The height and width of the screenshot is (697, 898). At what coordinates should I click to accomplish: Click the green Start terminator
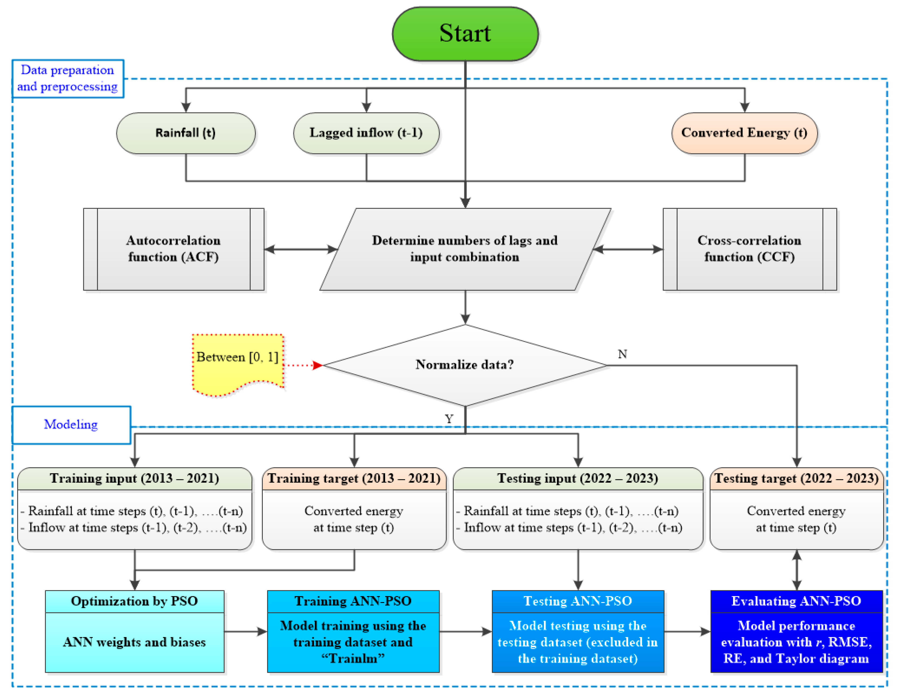pyautogui.click(x=465, y=34)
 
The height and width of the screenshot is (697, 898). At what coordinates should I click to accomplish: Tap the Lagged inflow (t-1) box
pyautogui.click(x=366, y=133)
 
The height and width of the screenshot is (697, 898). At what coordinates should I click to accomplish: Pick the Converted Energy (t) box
pyautogui.click(x=744, y=133)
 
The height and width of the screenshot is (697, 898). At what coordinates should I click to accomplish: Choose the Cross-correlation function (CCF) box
pyautogui.click(x=749, y=249)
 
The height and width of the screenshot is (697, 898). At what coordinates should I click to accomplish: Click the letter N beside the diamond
pyautogui.click(x=622, y=354)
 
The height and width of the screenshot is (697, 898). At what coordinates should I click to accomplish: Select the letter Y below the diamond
pyautogui.click(x=448, y=419)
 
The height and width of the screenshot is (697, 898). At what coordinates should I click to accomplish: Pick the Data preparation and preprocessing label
pyautogui.click(x=67, y=78)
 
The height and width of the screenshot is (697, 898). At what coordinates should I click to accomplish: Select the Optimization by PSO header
pyautogui.click(x=134, y=601)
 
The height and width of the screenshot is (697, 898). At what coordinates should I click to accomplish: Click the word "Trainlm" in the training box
pyautogui.click(x=353, y=658)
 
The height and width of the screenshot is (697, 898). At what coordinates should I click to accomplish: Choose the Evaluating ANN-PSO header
pyautogui.click(x=796, y=601)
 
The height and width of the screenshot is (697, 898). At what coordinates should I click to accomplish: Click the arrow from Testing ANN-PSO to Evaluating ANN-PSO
pyautogui.click(x=687, y=631)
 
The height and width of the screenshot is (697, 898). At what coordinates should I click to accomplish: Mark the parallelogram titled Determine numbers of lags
pyautogui.click(x=465, y=249)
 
